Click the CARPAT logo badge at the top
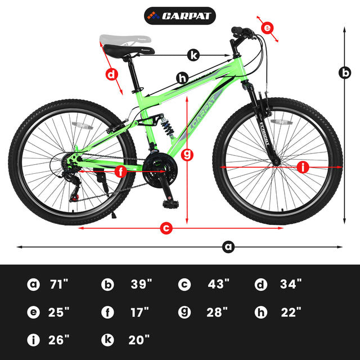pyautogui.click(x=180, y=15)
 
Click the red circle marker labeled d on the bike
pyautogui.click(x=112, y=74)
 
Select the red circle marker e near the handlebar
pyautogui.click(x=267, y=28)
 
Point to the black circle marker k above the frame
pyautogui.click(x=193, y=55)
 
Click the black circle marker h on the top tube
pyautogui.click(x=182, y=79)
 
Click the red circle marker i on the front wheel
pyautogui.click(x=303, y=167)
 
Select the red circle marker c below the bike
pyautogui.click(x=166, y=228)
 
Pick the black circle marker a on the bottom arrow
pyautogui.click(x=228, y=246)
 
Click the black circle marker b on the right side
pyautogui.click(x=344, y=73)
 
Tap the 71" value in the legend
pyautogui.click(x=58, y=284)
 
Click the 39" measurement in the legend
pyautogui.click(x=142, y=284)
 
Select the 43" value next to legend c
pyautogui.click(x=219, y=284)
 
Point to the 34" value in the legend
pyautogui.click(x=291, y=284)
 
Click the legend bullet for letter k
pyautogui.click(x=107, y=340)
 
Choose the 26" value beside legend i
pyautogui.click(x=58, y=340)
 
